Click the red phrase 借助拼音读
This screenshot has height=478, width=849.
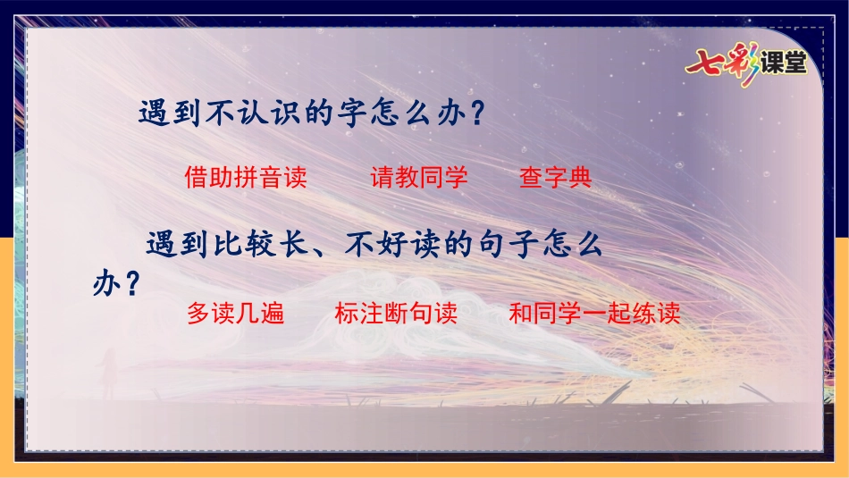pyautogui.click(x=246, y=177)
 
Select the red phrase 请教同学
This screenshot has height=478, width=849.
pyautogui.click(x=419, y=177)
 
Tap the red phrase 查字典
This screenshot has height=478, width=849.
pyautogui.click(x=556, y=177)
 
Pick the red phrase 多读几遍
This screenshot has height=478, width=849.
pyautogui.click(x=236, y=313)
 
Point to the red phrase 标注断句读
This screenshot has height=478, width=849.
pyautogui.click(x=396, y=313)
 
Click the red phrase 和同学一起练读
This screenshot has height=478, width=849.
pyautogui.click(x=594, y=313)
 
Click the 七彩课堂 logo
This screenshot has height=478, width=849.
pyautogui.click(x=746, y=64)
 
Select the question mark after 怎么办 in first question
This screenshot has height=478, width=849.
pyautogui.click(x=477, y=113)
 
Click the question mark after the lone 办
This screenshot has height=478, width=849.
pyautogui.click(x=131, y=282)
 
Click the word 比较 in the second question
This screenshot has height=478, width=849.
pyautogui.click(x=243, y=245)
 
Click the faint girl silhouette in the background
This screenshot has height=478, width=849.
pyautogui.click(x=109, y=373)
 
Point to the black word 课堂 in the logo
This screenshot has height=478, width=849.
pyautogui.click(x=784, y=63)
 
